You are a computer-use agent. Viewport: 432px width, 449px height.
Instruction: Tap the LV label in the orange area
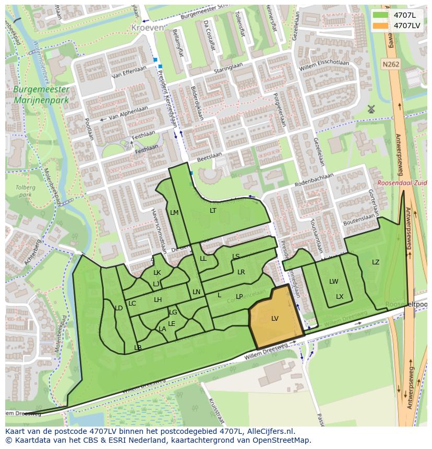[275, 319]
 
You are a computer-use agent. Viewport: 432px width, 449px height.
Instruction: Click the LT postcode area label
[213, 211]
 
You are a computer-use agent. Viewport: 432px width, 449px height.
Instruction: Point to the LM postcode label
[174, 212]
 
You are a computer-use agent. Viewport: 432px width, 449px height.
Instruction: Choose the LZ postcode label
[376, 262]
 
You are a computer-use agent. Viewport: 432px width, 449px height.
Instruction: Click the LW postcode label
[333, 282]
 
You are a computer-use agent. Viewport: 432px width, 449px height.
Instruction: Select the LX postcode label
[340, 297]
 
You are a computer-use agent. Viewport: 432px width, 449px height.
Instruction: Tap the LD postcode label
[118, 308]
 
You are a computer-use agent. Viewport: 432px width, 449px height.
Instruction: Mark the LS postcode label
[236, 257]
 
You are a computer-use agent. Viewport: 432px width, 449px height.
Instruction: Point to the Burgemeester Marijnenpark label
[41, 94]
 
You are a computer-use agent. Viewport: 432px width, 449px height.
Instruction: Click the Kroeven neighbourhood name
[147, 27]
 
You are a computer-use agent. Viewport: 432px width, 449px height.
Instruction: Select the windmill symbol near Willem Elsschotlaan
[371, 109]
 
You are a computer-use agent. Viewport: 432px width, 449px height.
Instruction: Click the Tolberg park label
[25, 191]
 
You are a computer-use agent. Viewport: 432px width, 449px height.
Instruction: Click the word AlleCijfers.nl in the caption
[269, 431]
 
